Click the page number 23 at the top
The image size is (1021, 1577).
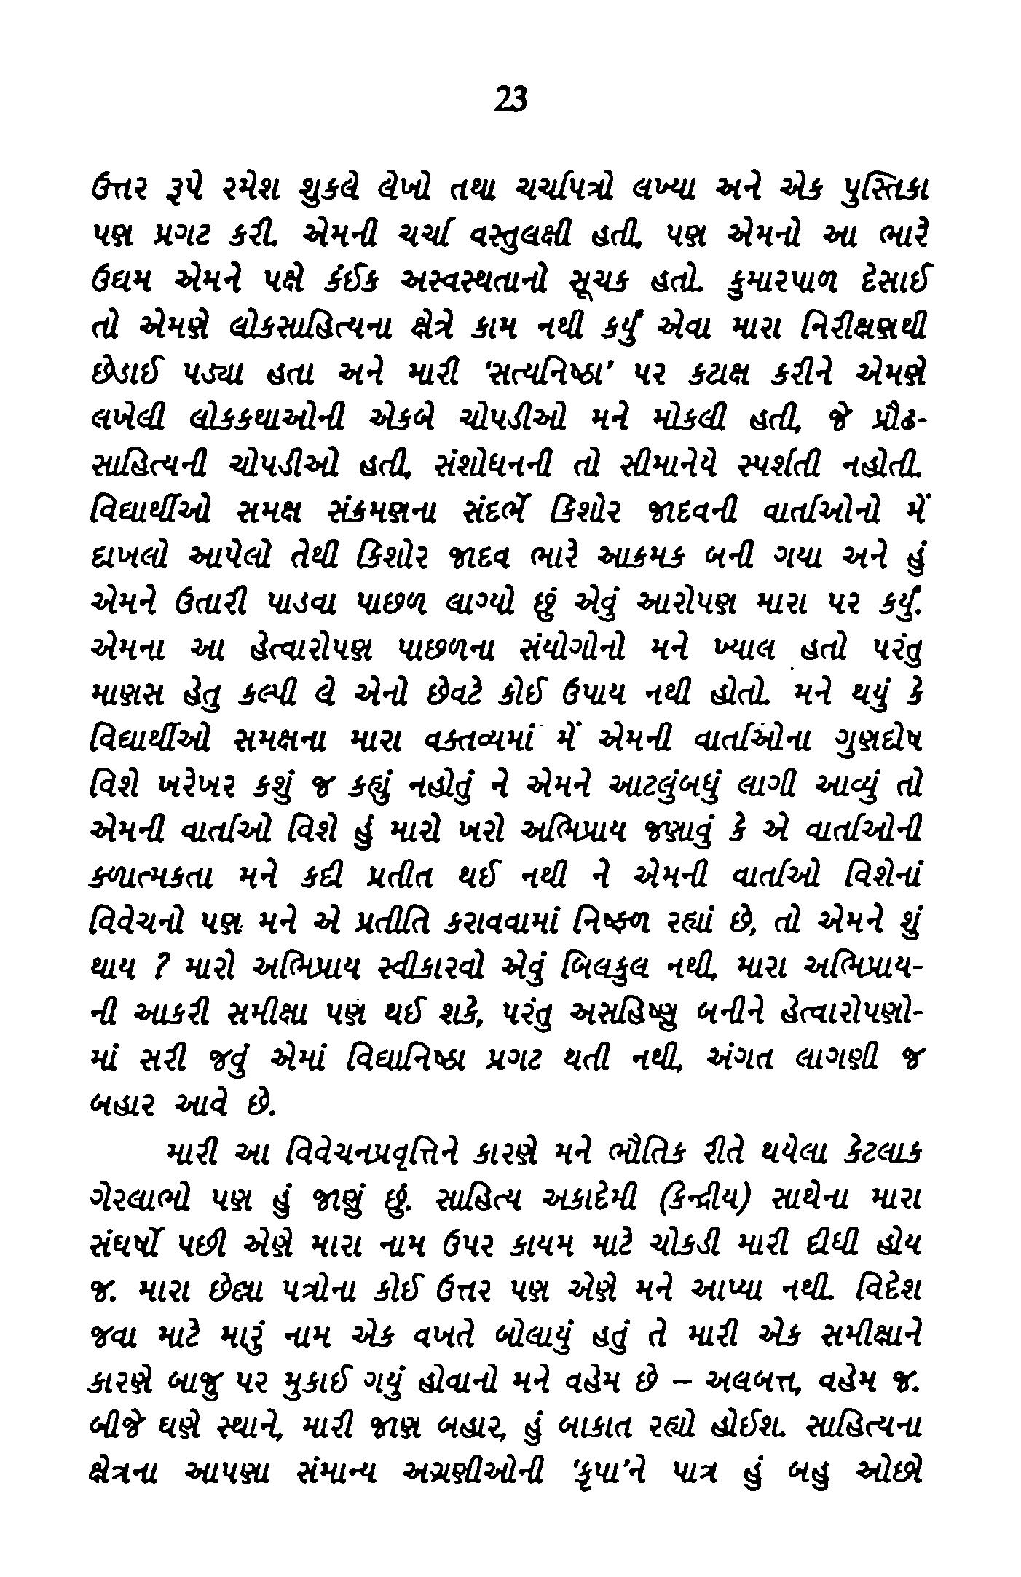pyautogui.click(x=510, y=99)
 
